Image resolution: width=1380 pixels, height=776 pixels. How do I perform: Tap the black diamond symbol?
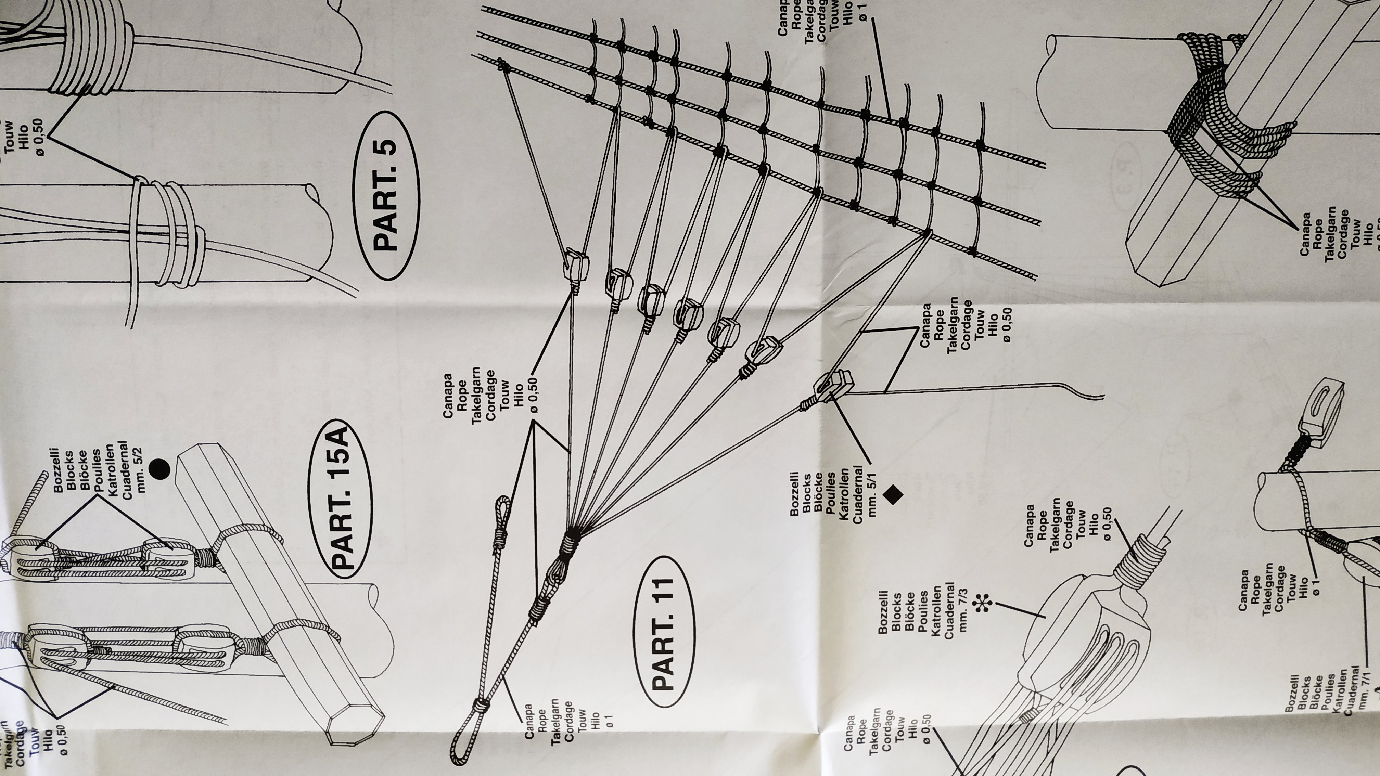click(x=892, y=494)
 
